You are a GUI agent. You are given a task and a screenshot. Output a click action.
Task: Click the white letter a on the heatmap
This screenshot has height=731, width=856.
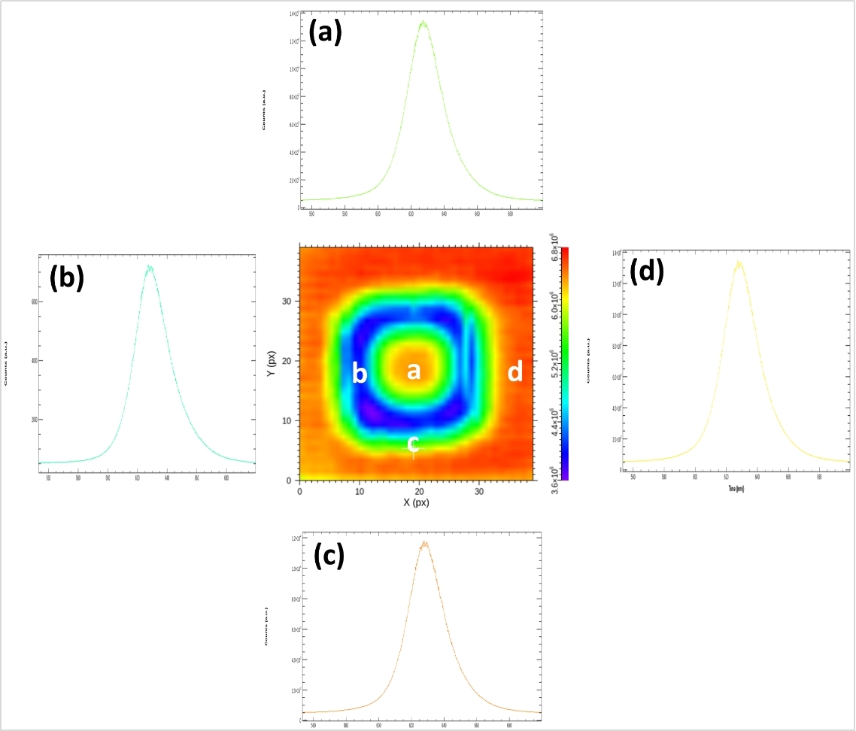pos(413,371)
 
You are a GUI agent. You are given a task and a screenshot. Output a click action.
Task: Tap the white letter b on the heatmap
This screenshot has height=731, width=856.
pos(360,373)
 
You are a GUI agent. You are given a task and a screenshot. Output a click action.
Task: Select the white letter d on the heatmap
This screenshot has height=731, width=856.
pos(515,372)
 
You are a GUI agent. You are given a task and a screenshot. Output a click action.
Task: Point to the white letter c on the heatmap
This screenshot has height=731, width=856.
pos(413,443)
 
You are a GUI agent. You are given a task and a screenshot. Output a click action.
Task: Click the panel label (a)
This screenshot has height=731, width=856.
pos(326,32)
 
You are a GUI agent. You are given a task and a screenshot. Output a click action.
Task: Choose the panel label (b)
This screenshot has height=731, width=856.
pos(66,278)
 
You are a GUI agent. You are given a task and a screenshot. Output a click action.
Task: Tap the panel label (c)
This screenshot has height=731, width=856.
pos(327,555)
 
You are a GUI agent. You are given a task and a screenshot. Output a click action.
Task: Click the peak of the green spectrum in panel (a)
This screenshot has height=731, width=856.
pos(423,23)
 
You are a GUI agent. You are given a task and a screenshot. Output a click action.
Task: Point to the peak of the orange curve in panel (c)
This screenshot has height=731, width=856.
pos(424,542)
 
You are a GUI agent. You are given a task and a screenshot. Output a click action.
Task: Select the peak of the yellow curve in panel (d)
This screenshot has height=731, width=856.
pos(739,262)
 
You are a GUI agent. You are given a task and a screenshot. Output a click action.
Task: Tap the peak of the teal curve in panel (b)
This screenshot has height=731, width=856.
pos(150,266)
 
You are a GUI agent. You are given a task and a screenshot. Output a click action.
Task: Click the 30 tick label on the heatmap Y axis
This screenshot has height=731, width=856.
pos(288,302)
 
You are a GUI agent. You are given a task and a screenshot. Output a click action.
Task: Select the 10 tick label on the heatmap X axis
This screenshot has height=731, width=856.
pos(360,491)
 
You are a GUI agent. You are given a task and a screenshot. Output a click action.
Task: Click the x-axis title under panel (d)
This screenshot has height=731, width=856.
pos(735,489)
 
